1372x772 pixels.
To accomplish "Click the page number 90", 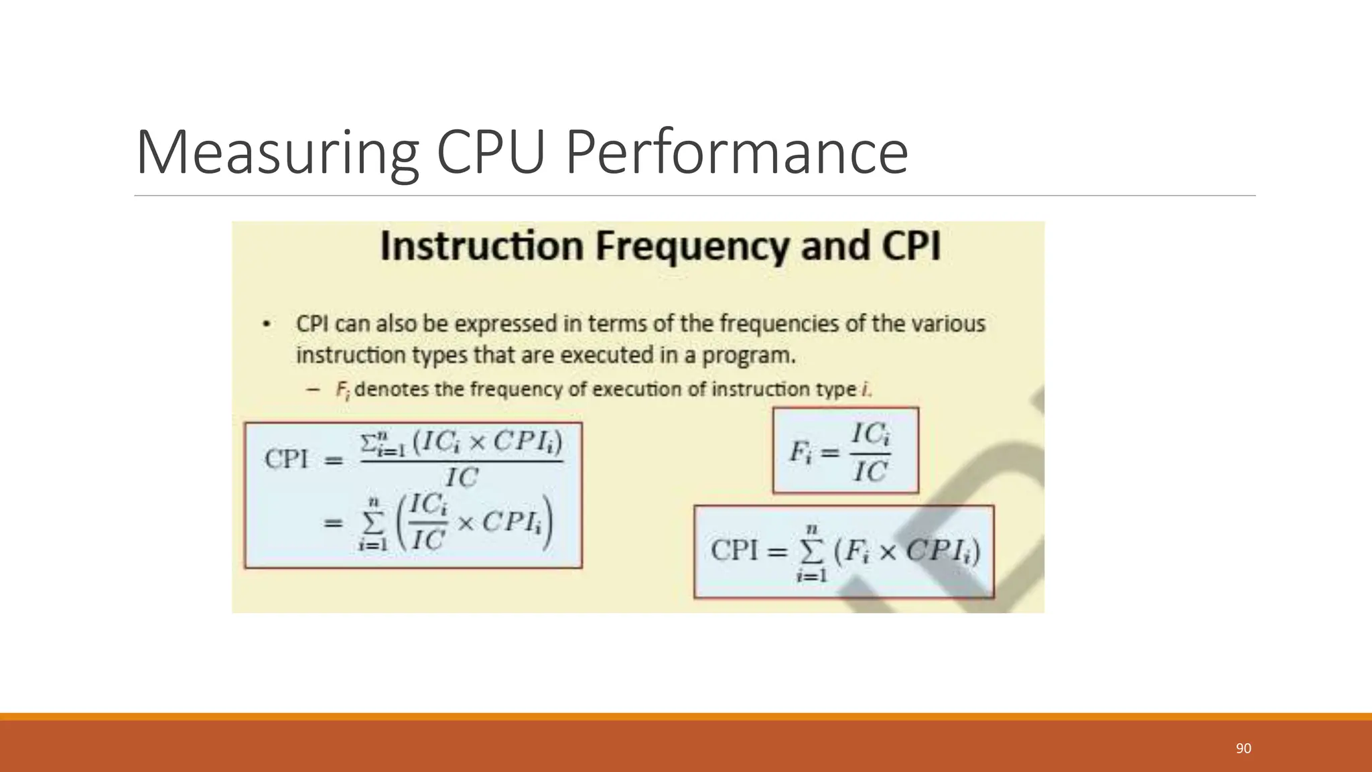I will pyautogui.click(x=1243, y=749).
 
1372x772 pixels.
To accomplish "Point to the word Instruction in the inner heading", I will pyautogui.click(x=482, y=246).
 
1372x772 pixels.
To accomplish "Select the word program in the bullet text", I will pyautogui.click(x=747, y=355).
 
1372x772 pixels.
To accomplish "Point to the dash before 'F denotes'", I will pyautogui.click(x=312, y=389).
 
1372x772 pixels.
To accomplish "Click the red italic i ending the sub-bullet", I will pyautogui.click(x=864, y=389).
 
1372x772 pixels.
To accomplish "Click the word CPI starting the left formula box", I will pyautogui.click(x=287, y=460).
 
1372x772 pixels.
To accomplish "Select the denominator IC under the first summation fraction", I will pyautogui.click(x=462, y=478).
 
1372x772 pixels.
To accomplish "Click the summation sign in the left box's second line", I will pyautogui.click(x=373, y=523).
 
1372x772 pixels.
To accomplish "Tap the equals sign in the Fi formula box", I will pyautogui.click(x=830, y=454).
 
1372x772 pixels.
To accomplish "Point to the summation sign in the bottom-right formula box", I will pyautogui.click(x=811, y=552).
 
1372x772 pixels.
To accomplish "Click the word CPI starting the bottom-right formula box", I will pyautogui.click(x=734, y=551).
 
